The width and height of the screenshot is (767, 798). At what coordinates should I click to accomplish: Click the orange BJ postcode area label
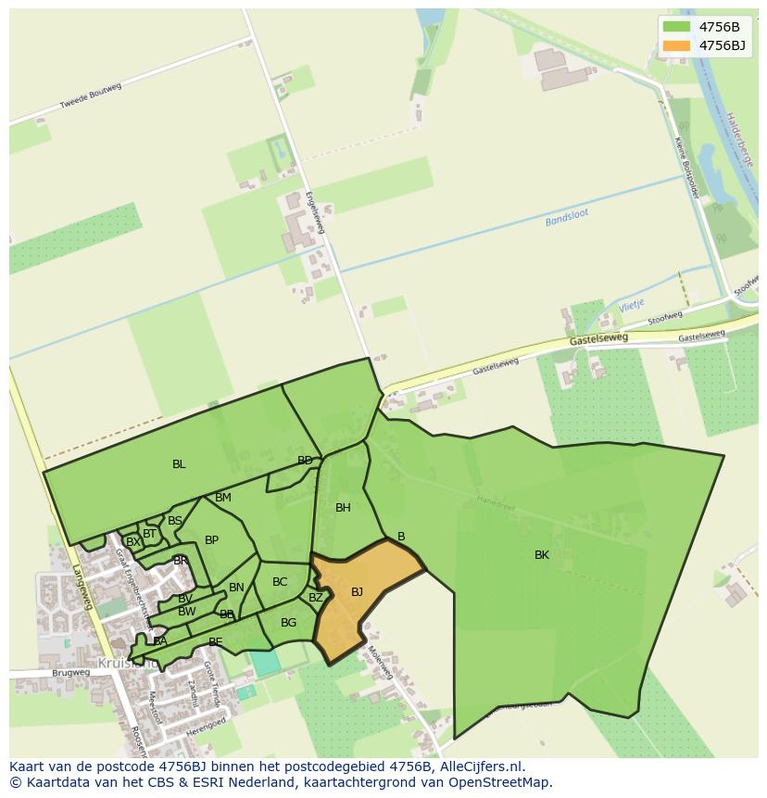[x=357, y=592]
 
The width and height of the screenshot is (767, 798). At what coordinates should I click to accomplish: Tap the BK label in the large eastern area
[x=542, y=555]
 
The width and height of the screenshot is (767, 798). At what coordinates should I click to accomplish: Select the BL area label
[x=179, y=464]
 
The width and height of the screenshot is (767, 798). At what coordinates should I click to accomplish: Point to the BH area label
[x=343, y=508]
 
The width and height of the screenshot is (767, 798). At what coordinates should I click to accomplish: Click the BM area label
[x=223, y=498]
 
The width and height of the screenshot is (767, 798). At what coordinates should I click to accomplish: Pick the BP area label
[x=211, y=540]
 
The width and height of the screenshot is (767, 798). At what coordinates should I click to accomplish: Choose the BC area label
[x=280, y=582]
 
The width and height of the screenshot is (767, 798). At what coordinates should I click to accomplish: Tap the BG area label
[x=288, y=623]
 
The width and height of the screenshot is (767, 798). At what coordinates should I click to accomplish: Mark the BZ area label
[x=316, y=598]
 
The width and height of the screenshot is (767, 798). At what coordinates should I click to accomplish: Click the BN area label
[x=236, y=588]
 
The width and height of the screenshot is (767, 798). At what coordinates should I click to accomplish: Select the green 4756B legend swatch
[x=677, y=27]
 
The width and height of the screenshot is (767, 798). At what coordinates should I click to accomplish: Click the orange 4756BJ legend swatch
[x=677, y=45]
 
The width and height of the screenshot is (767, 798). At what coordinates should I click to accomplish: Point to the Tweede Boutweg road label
[x=91, y=96]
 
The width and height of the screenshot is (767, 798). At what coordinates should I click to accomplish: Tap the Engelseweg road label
[x=317, y=212]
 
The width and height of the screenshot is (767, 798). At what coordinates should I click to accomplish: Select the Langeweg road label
[x=82, y=587]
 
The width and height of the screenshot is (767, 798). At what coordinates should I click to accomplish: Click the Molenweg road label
[x=381, y=662]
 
